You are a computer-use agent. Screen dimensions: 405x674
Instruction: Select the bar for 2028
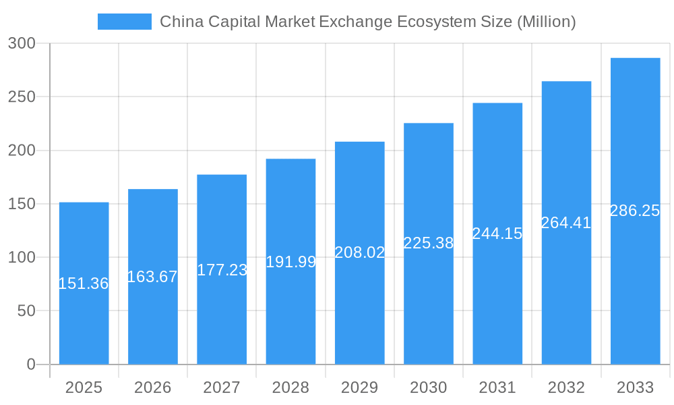coord(290,310)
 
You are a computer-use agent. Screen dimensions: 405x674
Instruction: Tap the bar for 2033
coord(635,283)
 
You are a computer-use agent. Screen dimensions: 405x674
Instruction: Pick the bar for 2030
coord(428,304)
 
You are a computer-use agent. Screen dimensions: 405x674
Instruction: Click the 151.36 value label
coord(84,284)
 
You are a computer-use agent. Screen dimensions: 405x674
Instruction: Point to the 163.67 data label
coord(152,277)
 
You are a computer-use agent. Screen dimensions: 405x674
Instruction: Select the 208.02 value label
coord(359,253)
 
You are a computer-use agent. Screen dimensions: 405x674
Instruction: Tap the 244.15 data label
coord(497,234)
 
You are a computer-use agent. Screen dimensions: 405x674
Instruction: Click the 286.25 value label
coord(635,211)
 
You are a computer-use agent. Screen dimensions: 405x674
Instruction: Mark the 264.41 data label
coord(566,223)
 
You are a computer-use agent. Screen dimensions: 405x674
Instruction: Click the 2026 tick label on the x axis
coord(152,387)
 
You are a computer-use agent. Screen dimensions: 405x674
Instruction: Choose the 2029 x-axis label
coord(359,387)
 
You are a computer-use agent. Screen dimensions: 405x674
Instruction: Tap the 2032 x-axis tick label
coord(566,387)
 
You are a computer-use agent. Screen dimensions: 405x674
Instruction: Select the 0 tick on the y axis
coord(31,364)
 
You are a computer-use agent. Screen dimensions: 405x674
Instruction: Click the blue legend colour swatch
coord(125,22)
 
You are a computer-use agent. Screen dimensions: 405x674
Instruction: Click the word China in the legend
coord(181,22)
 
